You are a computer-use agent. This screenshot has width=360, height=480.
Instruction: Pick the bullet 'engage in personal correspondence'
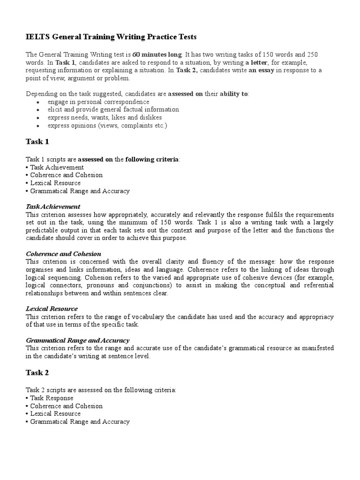point(98,102)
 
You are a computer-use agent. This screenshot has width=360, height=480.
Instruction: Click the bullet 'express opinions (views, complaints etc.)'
point(107,126)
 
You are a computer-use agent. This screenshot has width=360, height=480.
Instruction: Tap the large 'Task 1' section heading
point(37,142)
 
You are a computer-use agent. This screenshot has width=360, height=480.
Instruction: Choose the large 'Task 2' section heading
point(37,373)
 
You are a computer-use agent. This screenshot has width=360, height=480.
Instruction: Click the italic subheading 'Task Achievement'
point(53,207)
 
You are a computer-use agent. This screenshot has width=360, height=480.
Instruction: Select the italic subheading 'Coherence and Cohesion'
point(63,254)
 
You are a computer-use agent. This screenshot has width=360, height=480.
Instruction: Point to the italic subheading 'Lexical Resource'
point(52,309)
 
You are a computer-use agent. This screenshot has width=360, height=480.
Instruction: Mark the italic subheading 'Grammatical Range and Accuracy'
point(77,340)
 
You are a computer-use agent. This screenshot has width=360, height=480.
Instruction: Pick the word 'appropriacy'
point(316,317)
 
